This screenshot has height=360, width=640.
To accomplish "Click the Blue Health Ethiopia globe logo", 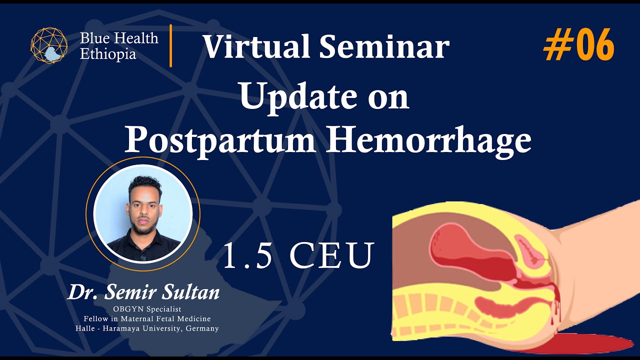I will tap(49, 45).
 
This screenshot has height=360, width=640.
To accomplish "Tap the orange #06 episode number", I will tap(578, 45).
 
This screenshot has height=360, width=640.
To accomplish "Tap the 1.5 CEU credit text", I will tap(298, 255).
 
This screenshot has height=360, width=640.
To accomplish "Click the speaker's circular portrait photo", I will tap(143, 213).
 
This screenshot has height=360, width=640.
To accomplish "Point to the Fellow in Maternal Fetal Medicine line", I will tap(147, 318).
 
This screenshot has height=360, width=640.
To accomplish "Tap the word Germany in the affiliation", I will tap(202, 328).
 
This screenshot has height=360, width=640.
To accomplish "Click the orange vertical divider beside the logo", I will tap(170, 45).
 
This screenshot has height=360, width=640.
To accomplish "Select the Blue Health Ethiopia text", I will tap(119, 45).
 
